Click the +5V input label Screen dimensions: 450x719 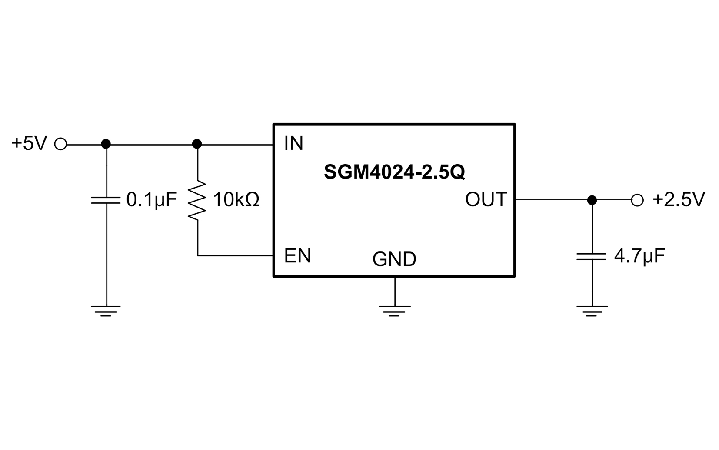coord(29,143)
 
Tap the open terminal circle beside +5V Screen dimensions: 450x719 coord(61,144)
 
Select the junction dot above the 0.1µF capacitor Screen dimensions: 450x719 coord(106,144)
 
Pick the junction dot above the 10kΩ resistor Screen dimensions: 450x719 coord(197,144)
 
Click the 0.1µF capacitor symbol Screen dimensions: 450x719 coord(106,200)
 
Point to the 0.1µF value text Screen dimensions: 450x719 coord(151,200)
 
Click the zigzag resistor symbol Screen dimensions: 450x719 coord(197,200)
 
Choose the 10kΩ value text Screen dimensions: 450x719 coord(236,200)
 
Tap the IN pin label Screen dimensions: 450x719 coord(293,143)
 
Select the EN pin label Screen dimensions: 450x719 coord(297,256)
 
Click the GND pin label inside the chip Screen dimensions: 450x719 coord(394,259)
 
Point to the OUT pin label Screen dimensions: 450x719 coord(486,199)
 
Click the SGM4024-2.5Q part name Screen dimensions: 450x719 coord(394,172)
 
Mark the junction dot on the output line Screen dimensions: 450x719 coord(592,200)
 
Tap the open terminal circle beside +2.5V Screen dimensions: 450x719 coord(637,200)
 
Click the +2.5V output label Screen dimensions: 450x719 coord(679,199)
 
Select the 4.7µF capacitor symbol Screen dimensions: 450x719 coord(591,257)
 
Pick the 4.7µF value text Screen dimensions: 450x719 coord(639,256)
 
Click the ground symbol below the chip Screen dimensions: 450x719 coord(395,310)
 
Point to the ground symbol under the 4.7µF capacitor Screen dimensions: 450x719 coord(592,311)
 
